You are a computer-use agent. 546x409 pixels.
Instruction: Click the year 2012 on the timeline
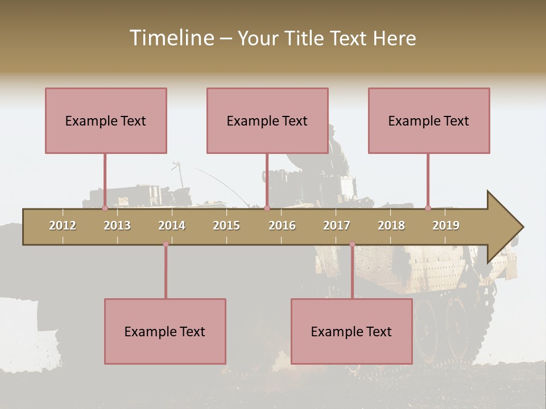tap(63, 226)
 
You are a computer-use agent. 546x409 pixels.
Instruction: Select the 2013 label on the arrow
tap(117, 226)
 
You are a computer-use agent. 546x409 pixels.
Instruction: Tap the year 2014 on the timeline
tap(172, 226)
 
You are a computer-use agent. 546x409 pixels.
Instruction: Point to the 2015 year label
tap(226, 226)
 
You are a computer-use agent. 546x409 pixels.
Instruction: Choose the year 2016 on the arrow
tap(282, 226)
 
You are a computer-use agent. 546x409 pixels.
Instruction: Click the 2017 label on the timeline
tap(337, 226)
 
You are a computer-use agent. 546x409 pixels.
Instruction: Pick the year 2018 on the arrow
tap(391, 226)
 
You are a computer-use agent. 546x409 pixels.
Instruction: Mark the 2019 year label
tap(446, 226)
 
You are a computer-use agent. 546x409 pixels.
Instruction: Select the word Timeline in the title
tap(171, 38)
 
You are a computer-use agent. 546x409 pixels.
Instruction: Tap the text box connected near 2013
tap(106, 120)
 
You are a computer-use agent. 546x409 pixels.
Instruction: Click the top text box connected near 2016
tap(267, 120)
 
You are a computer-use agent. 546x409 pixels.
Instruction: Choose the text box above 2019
tap(429, 120)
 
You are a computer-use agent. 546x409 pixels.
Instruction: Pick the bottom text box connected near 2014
tap(165, 331)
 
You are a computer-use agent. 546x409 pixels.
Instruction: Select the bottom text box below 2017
tap(351, 331)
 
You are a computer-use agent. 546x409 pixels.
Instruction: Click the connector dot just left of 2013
tap(105, 208)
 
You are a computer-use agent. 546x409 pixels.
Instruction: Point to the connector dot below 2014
tap(166, 244)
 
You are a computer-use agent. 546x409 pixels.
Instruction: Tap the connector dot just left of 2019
tap(428, 208)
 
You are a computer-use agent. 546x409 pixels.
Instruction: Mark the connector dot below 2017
tap(352, 244)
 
